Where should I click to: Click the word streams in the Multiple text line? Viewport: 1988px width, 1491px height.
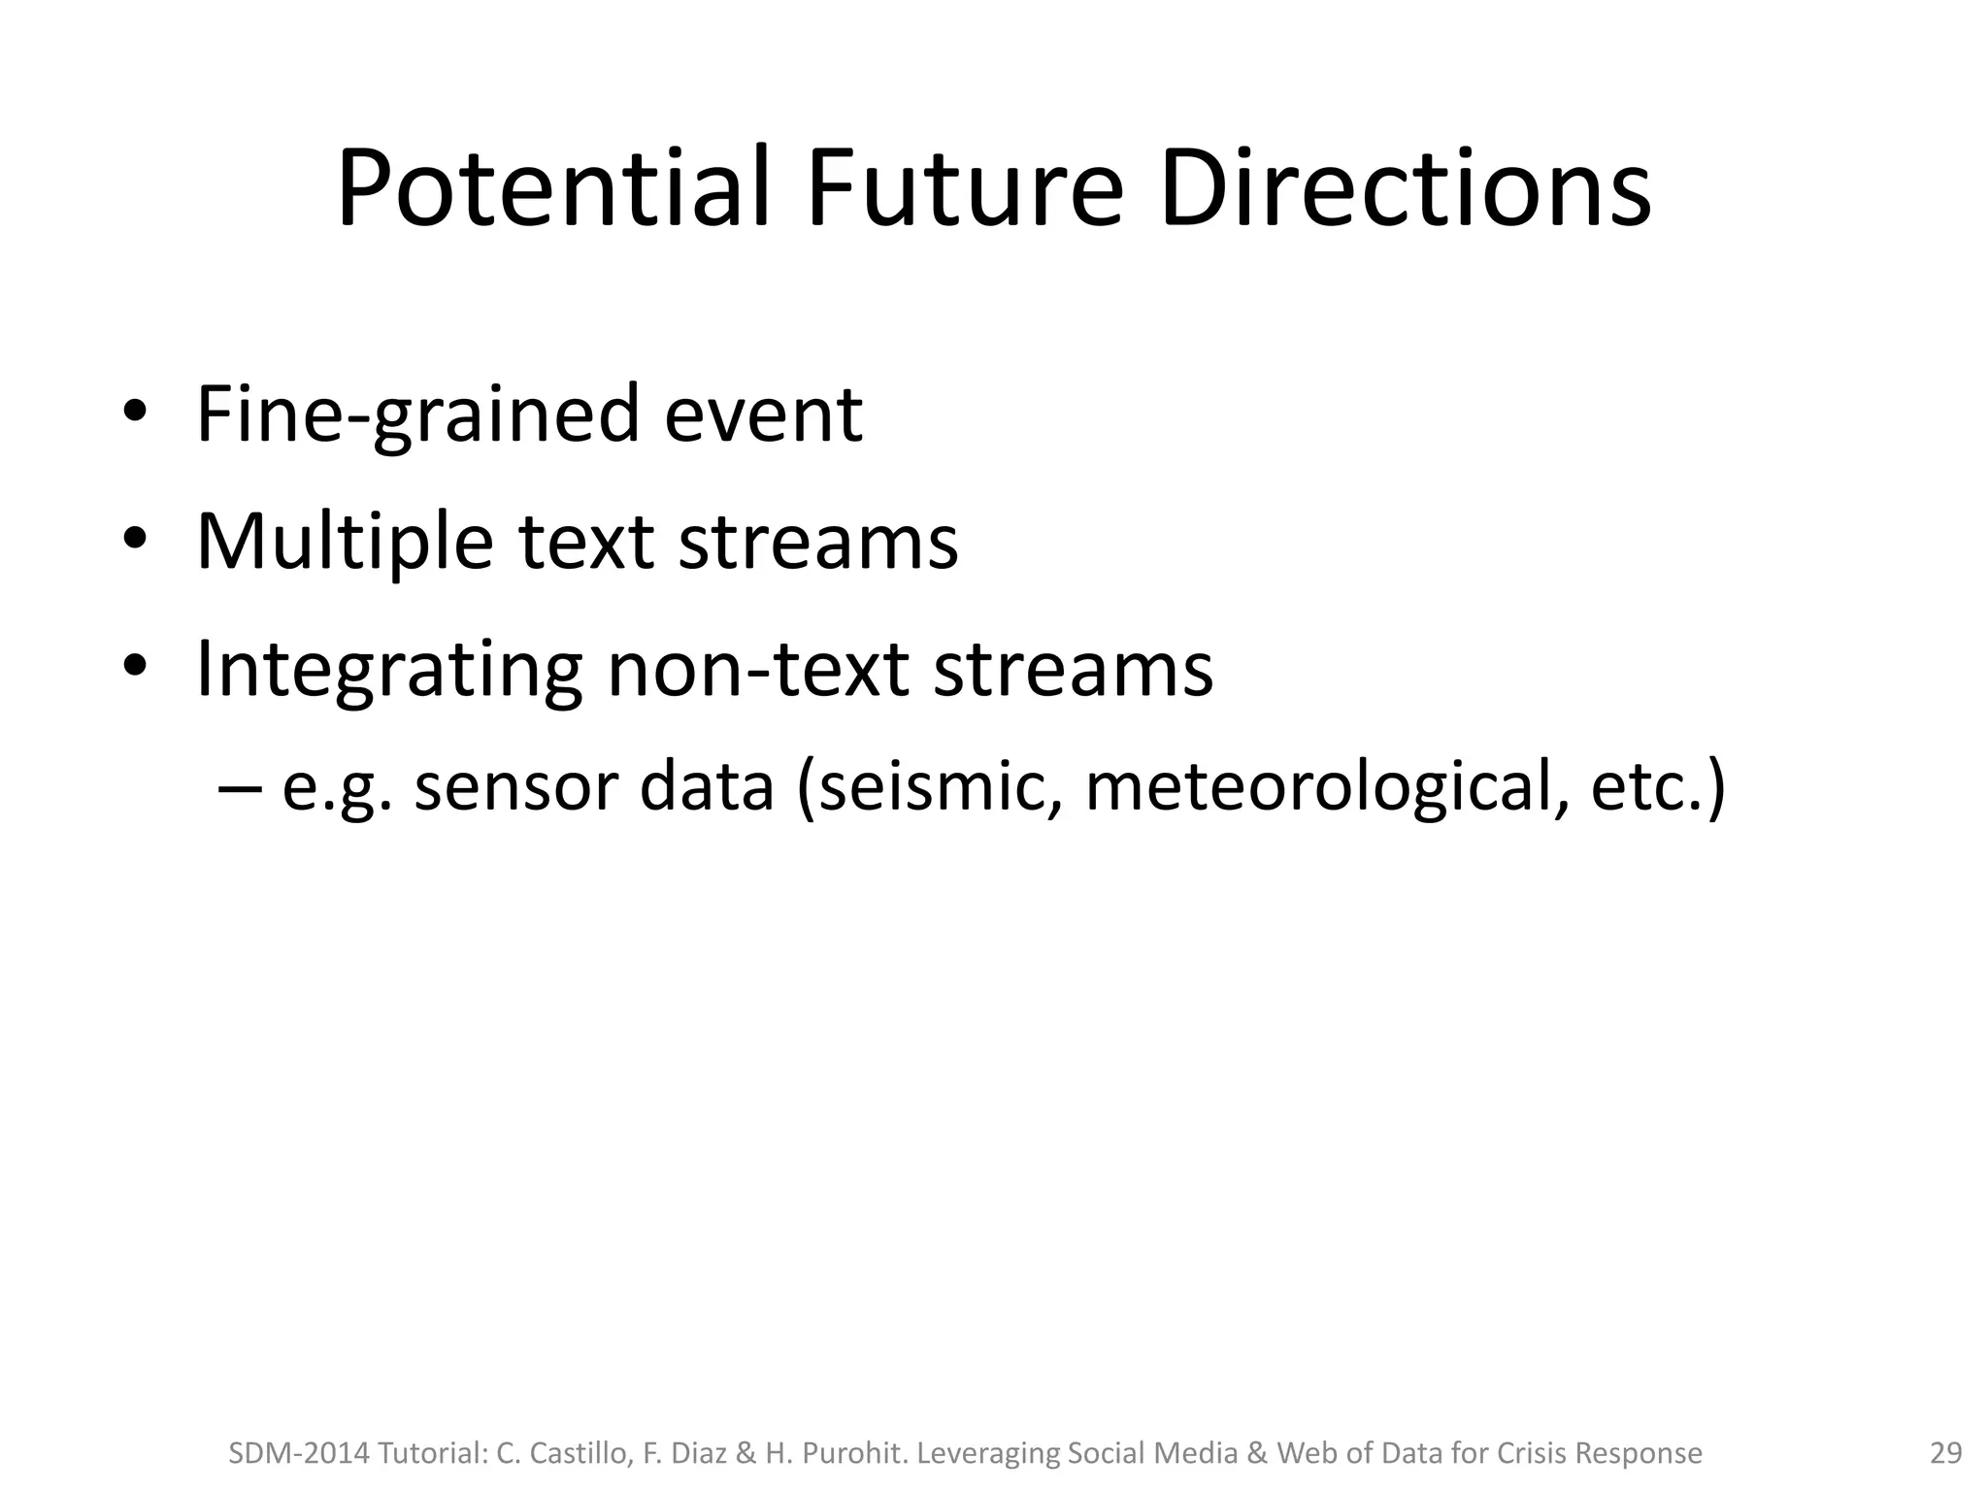(x=817, y=541)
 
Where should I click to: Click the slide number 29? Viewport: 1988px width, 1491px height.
(x=1945, y=1453)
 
